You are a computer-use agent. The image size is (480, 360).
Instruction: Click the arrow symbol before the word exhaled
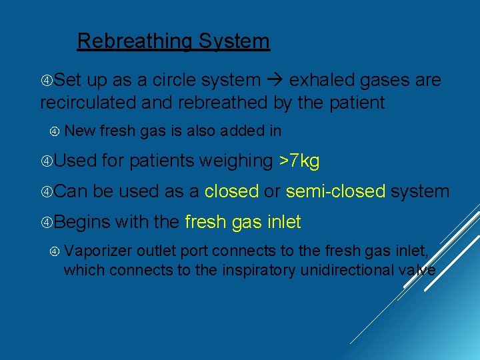point(275,81)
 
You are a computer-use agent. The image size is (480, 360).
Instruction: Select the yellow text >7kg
point(299,161)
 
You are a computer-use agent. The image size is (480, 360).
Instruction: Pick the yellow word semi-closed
point(335,191)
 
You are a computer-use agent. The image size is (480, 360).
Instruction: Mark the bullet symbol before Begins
point(46,222)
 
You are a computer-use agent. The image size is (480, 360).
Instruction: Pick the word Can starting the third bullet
point(71,191)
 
